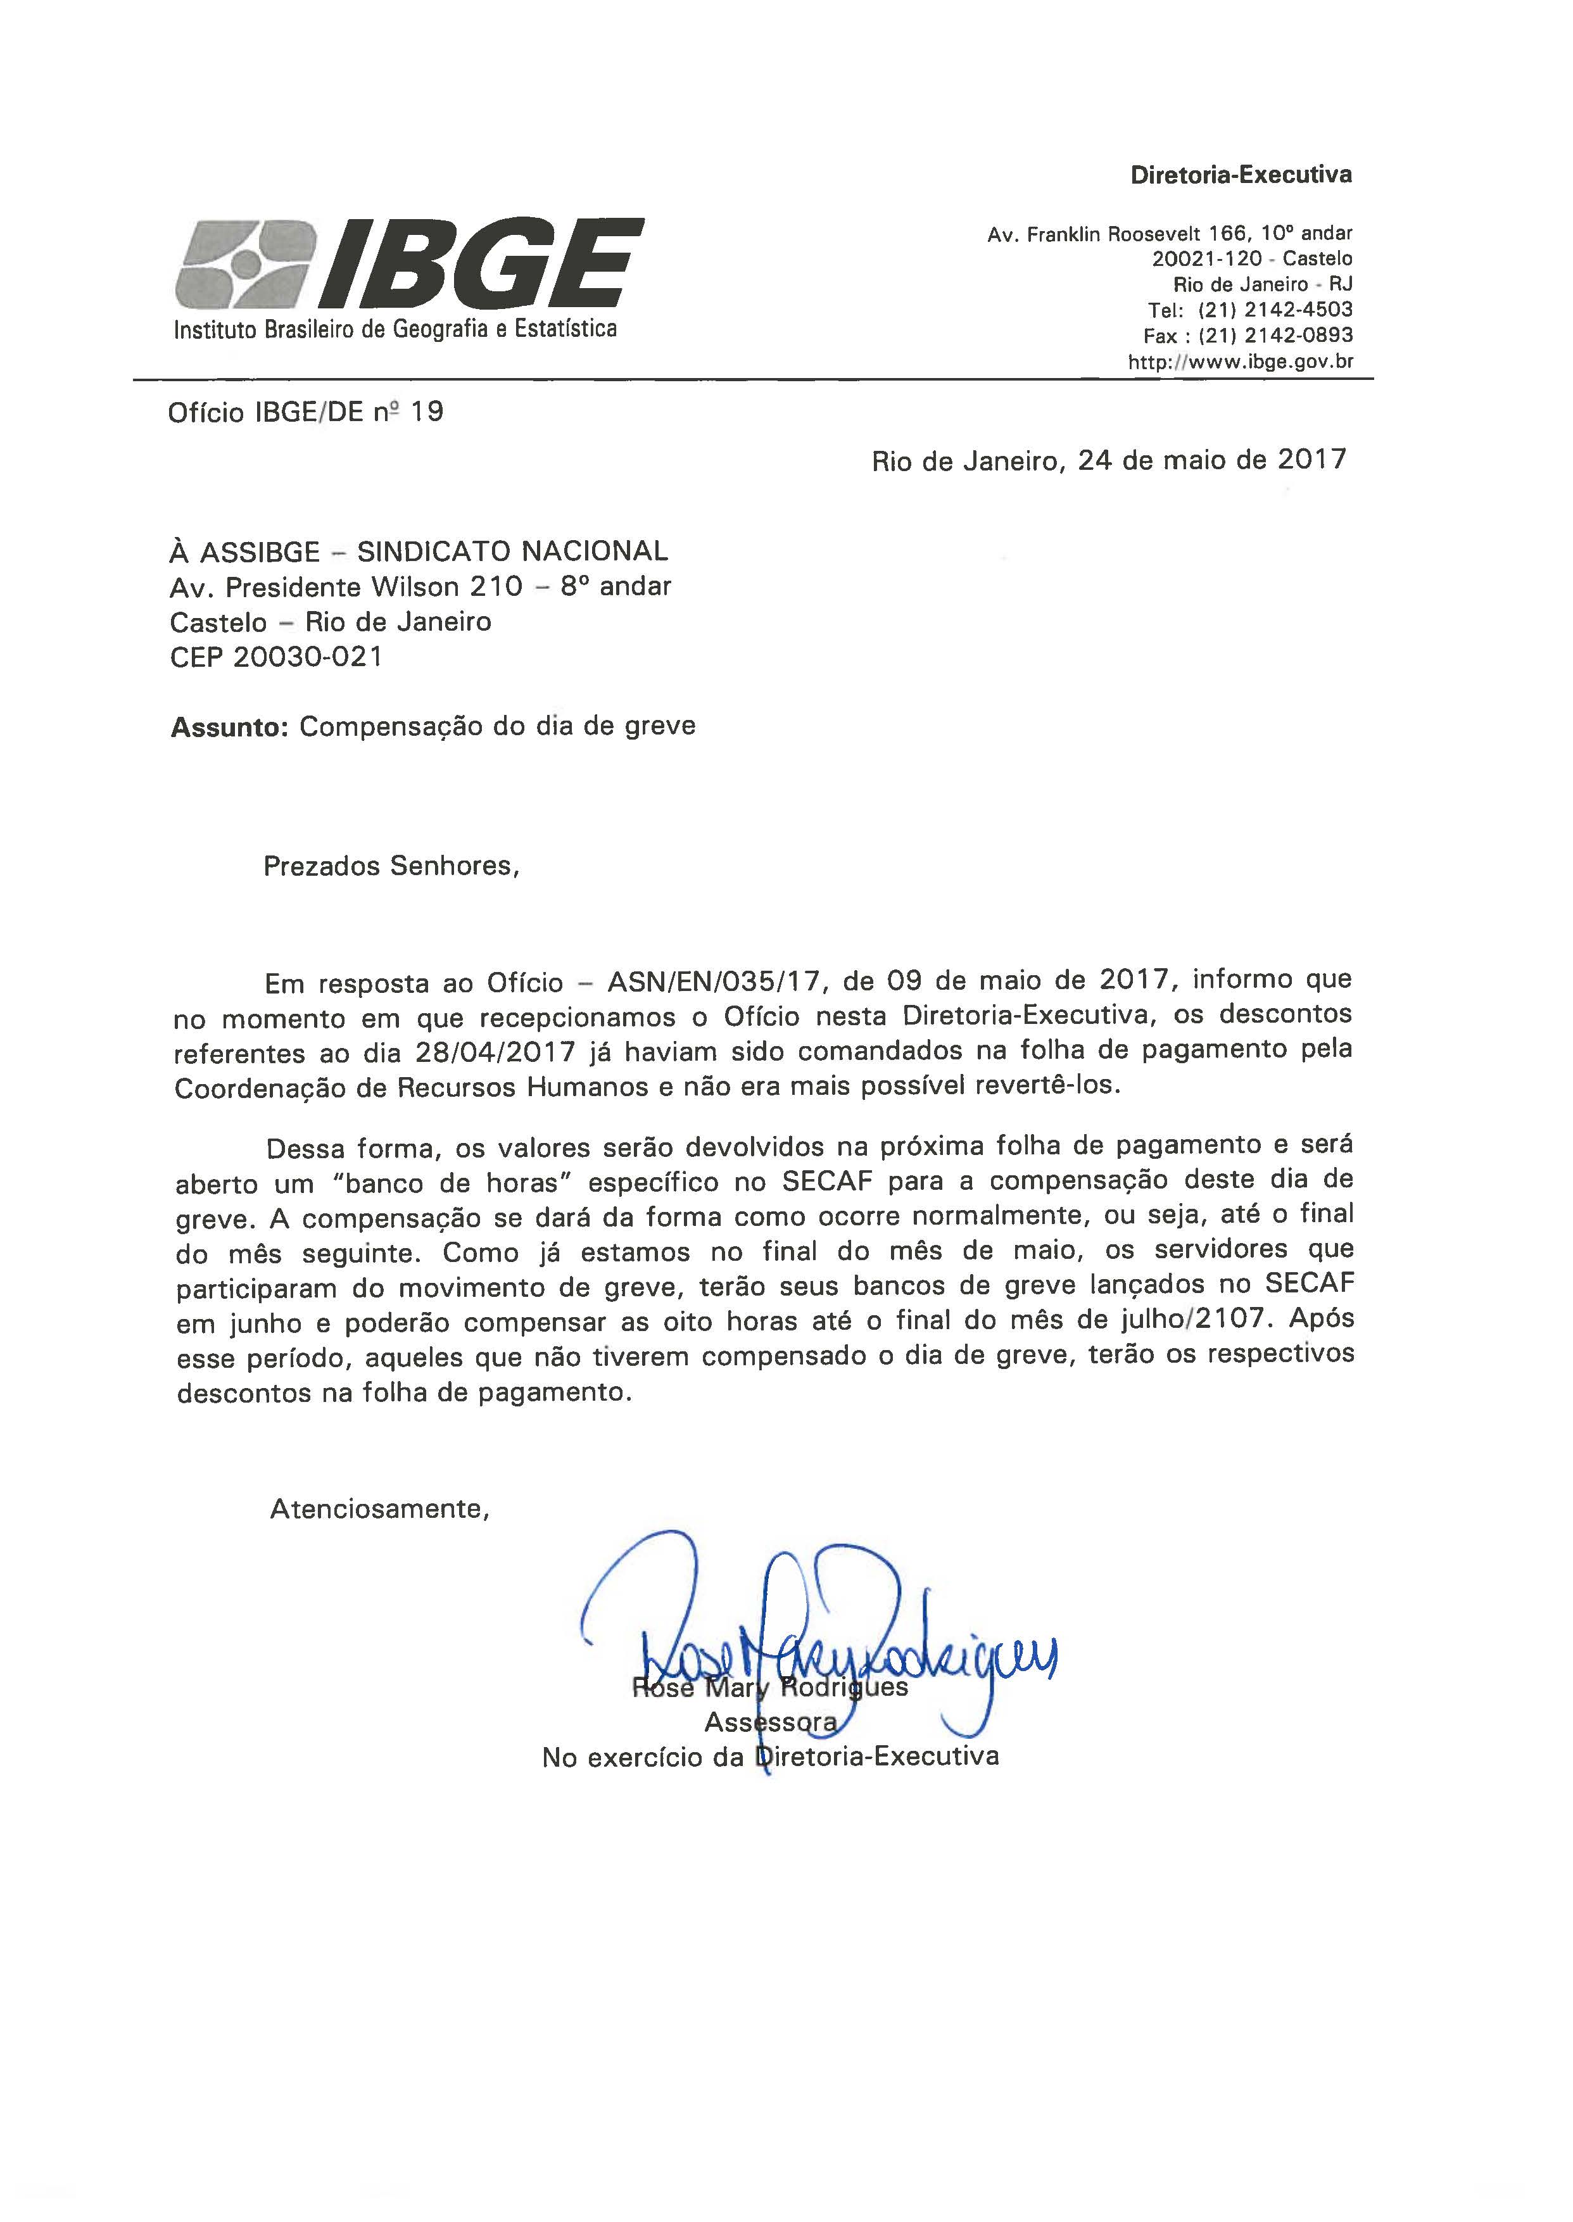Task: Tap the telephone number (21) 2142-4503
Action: (x=1275, y=310)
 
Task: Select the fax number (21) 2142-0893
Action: (x=1275, y=336)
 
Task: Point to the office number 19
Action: (x=427, y=413)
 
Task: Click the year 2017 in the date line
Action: (x=1311, y=459)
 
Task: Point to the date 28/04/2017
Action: (x=495, y=1052)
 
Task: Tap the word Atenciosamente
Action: (x=379, y=1509)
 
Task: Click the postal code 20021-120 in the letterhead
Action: (x=1207, y=258)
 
